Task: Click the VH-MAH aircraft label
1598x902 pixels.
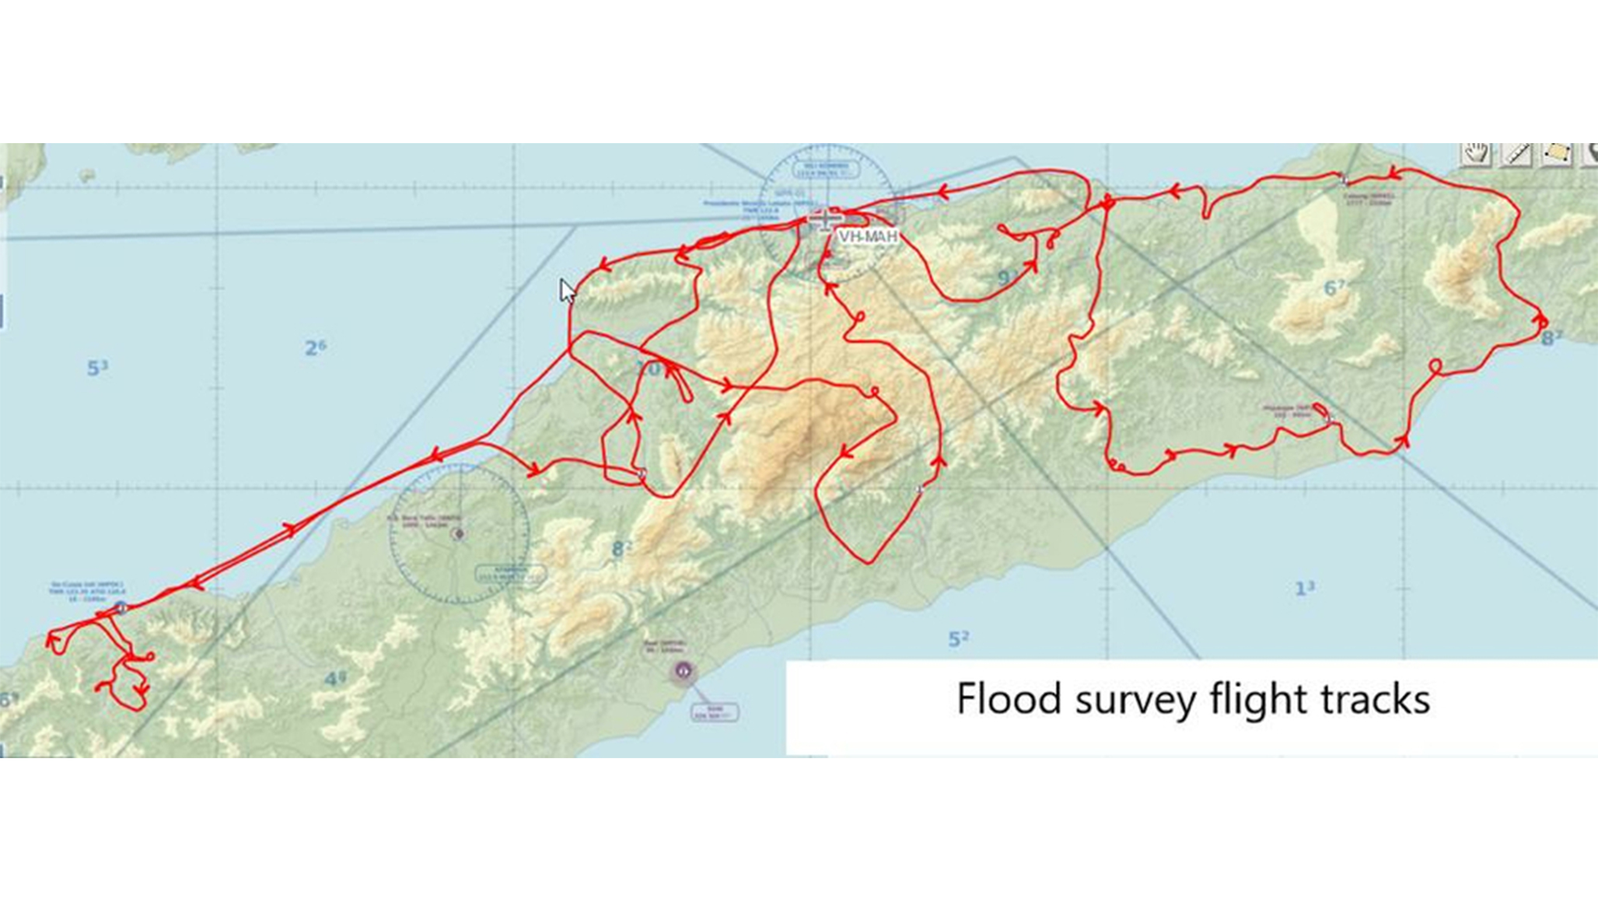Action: [868, 236]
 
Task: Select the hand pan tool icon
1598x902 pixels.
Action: [1475, 153]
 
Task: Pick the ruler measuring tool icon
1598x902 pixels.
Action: [1516, 153]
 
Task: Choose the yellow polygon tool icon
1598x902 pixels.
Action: [1556, 153]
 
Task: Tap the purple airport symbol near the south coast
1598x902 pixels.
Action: [683, 670]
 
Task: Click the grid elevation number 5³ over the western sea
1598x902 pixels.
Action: [96, 367]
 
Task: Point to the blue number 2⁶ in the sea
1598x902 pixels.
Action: [315, 347]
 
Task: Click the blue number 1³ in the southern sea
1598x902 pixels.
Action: [1304, 588]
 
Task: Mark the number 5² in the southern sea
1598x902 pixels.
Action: [958, 638]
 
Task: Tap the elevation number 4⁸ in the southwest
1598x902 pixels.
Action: [334, 679]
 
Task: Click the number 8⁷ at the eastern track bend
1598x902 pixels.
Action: [1551, 337]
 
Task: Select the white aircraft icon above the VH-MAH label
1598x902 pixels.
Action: [824, 219]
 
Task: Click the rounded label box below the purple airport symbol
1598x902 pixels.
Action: [715, 711]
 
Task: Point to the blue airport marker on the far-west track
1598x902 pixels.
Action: [121, 607]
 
